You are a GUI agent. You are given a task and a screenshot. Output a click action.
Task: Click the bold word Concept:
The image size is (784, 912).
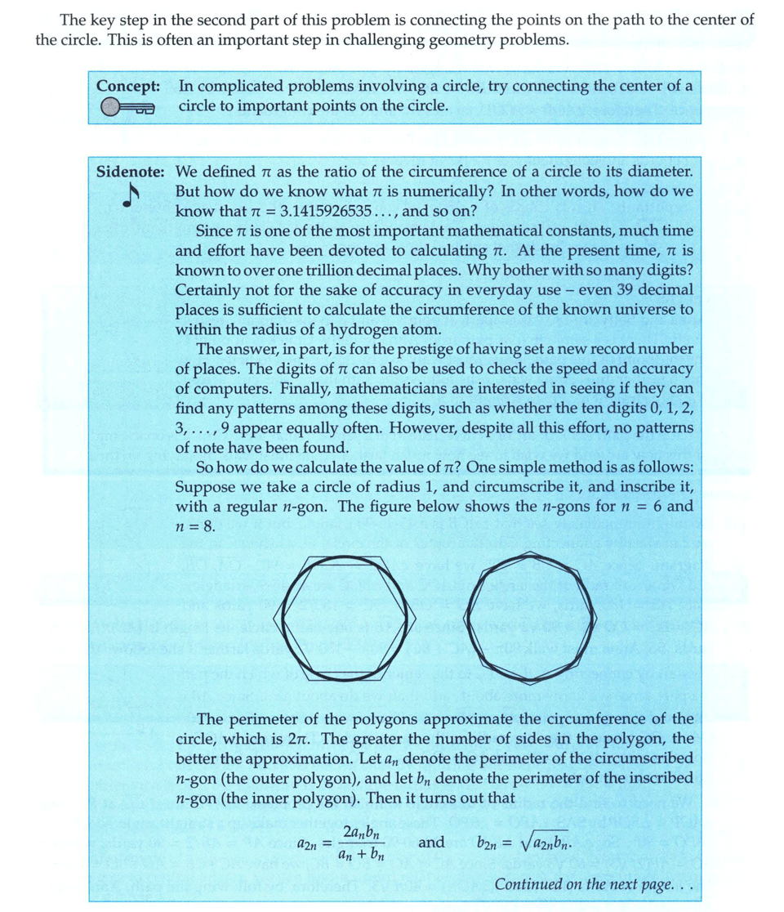click(127, 86)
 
